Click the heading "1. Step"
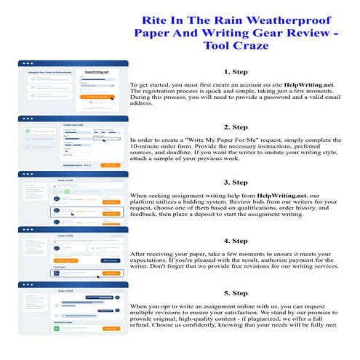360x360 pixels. coord(236,72)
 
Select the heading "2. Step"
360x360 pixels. coord(236,127)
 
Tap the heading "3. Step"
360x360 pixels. coord(236,182)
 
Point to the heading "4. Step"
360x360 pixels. coord(236,240)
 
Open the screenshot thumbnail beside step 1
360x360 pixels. coord(72,86)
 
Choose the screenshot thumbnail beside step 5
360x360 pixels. coord(72,308)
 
